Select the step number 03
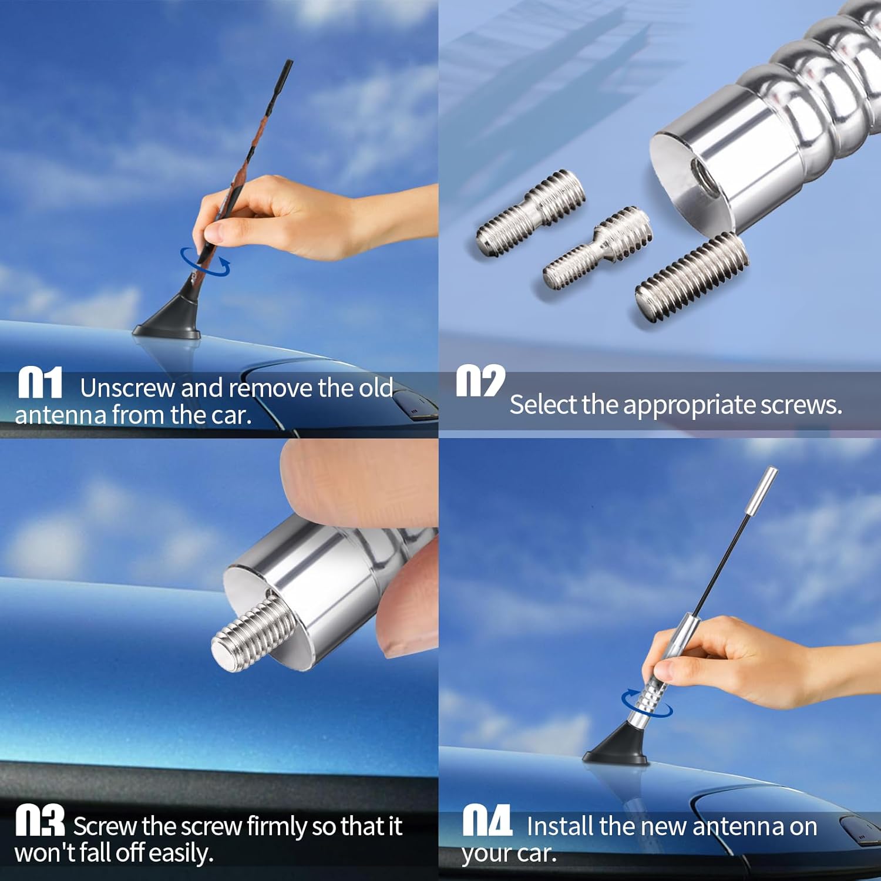39,821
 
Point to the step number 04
487,821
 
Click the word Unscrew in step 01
127,388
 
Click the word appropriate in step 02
690,405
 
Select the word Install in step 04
560,826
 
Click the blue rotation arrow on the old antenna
205,261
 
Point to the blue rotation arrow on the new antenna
647,703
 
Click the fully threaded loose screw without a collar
692,277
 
